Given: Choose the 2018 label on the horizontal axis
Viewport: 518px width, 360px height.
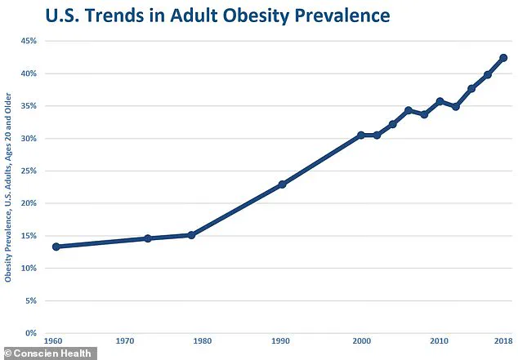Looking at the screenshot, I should (x=503, y=340).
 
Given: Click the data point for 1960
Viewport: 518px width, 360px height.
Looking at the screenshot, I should (x=56, y=247).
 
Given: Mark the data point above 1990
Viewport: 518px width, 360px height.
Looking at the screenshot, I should (x=283, y=184).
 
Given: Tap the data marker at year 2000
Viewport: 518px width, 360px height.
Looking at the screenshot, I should (x=361, y=136).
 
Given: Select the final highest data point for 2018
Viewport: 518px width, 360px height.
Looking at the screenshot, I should (x=503, y=58).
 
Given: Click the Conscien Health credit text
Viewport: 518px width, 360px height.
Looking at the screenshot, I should (x=54, y=353).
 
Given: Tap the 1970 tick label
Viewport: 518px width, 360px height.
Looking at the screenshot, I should (x=125, y=340).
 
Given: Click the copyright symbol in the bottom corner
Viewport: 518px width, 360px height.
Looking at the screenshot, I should (x=7, y=353).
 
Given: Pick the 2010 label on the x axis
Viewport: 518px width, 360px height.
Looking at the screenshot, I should (x=440, y=340).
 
